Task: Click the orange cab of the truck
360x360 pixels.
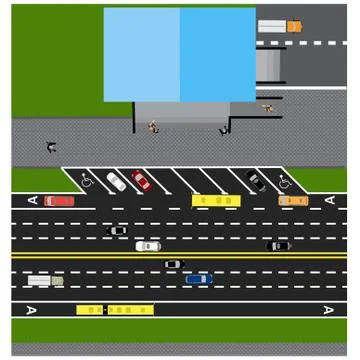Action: [294, 26]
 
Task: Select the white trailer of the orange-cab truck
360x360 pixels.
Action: [271, 26]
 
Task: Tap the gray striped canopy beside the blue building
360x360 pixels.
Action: [269, 66]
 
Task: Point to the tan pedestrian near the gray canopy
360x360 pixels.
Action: [267, 106]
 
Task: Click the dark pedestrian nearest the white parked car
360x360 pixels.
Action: [51, 147]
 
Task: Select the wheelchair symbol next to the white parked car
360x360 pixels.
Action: [87, 181]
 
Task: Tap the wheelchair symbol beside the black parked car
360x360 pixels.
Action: [285, 181]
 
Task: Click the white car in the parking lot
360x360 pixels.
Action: [117, 181]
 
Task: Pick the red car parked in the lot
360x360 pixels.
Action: [141, 181]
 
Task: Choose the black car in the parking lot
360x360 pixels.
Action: [256, 181]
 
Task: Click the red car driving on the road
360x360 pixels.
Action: [60, 200]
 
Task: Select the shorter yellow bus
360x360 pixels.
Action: [216, 200]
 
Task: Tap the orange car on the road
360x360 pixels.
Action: [293, 200]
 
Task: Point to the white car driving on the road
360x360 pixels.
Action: [148, 245]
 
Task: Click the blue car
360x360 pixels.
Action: [199, 279]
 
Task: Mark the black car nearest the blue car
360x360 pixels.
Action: [174, 264]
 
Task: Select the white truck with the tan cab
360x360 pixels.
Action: [45, 280]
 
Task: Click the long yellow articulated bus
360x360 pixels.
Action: [115, 310]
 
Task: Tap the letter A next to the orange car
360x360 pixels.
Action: [329, 200]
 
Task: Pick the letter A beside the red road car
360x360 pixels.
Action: [31, 200]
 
